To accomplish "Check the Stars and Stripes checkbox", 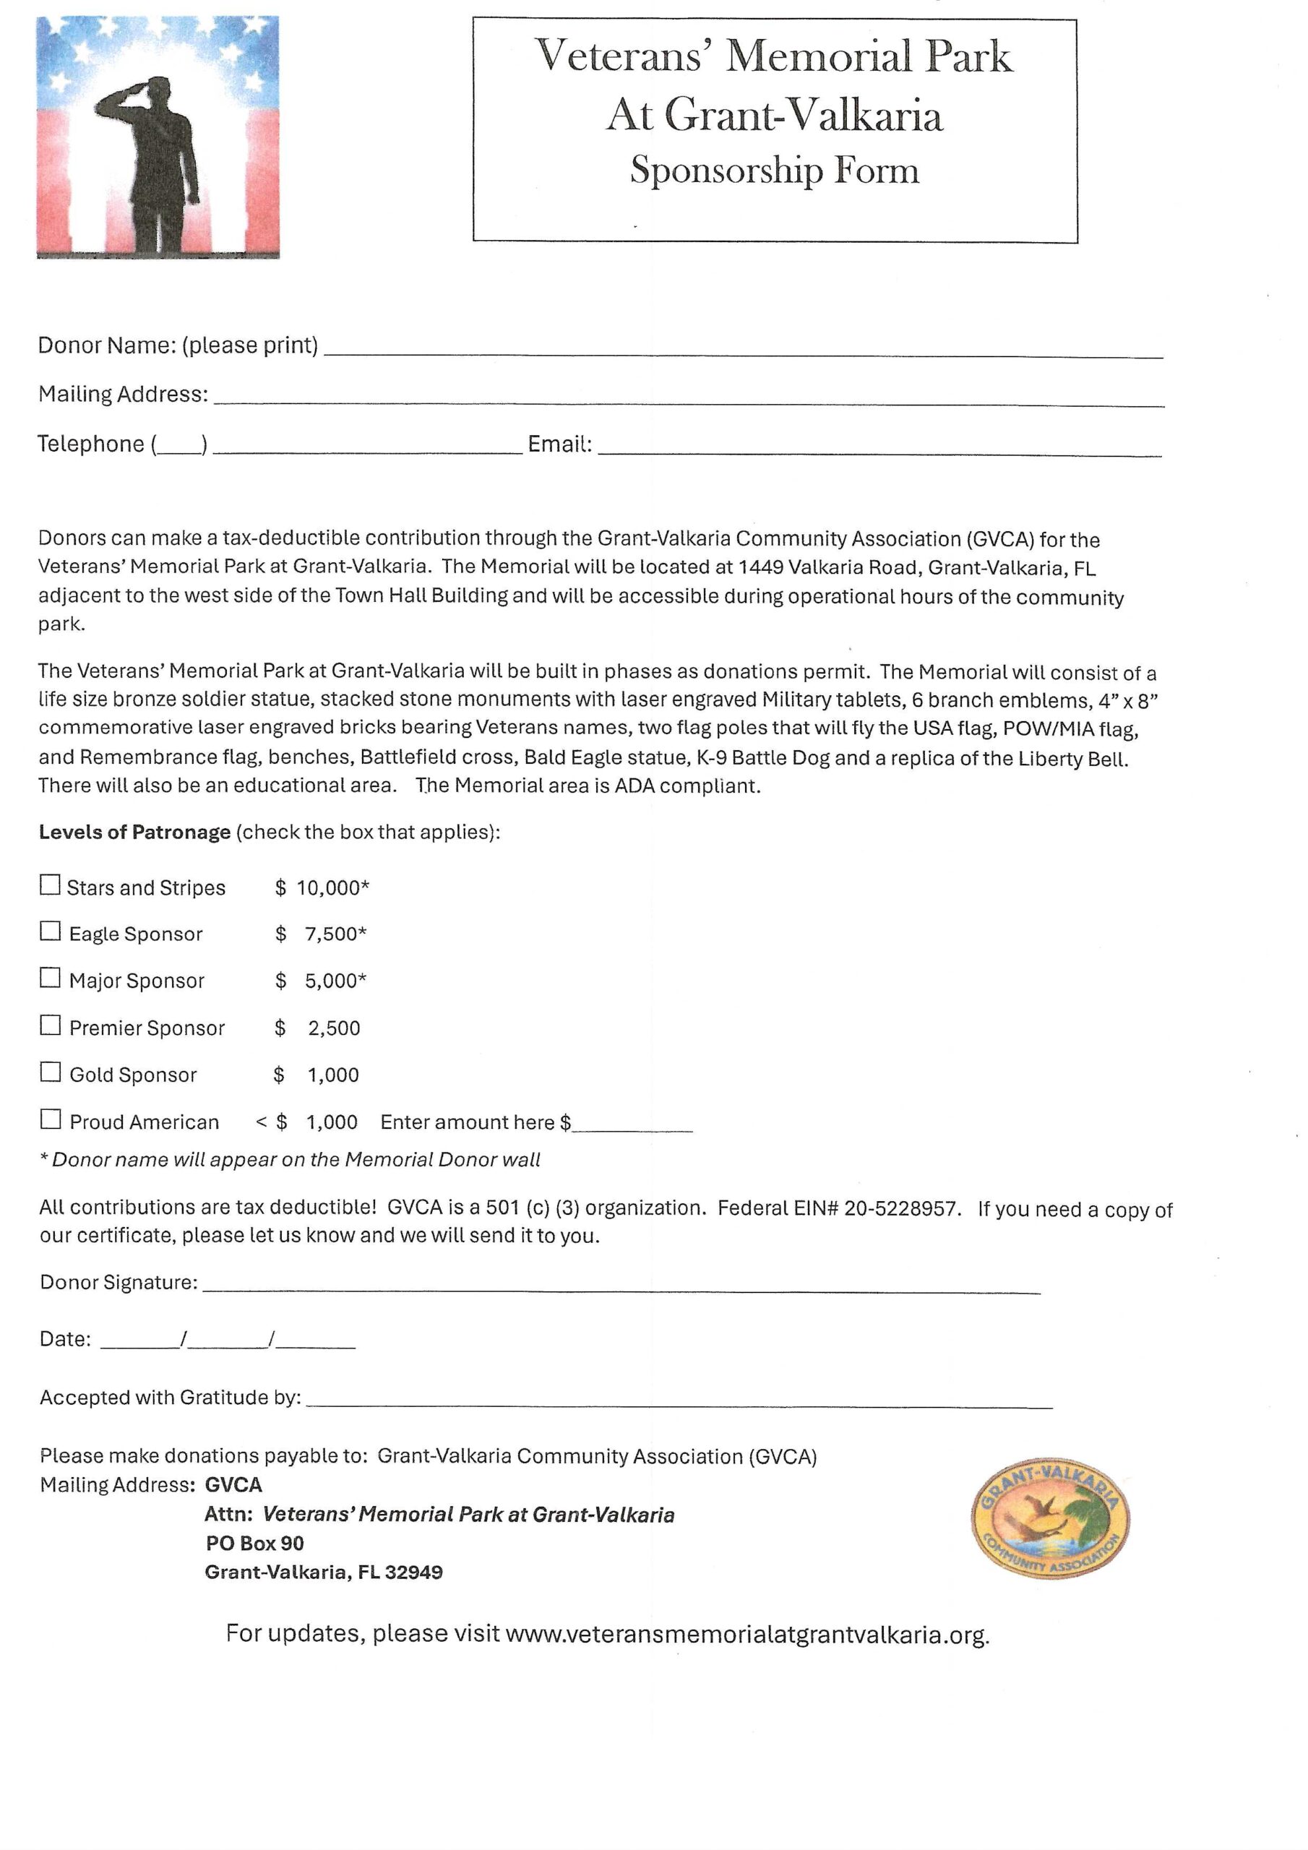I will point(50,885).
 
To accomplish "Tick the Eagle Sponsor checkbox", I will point(50,932).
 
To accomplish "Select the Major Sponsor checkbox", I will point(50,978).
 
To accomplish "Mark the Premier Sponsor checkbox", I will point(50,1025).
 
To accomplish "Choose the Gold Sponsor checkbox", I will point(50,1072).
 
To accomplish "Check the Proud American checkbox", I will point(50,1119).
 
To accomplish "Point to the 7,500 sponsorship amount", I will point(335,934).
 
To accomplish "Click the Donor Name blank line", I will point(741,350).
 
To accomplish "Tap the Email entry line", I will point(879,449).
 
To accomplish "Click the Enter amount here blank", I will point(632,1125).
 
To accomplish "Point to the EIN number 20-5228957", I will point(901,1208).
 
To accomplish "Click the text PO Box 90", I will point(254,1543).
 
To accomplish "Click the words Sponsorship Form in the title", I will point(774,170).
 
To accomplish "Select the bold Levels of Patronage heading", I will point(134,832).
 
